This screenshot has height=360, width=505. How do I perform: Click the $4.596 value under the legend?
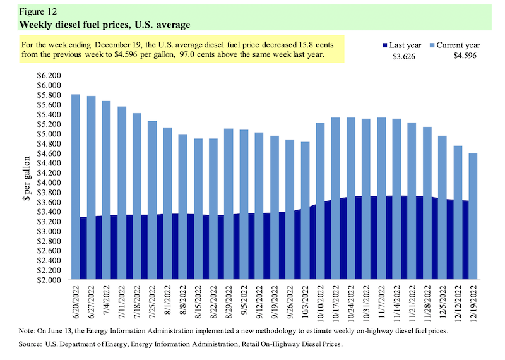[x=465, y=56]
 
